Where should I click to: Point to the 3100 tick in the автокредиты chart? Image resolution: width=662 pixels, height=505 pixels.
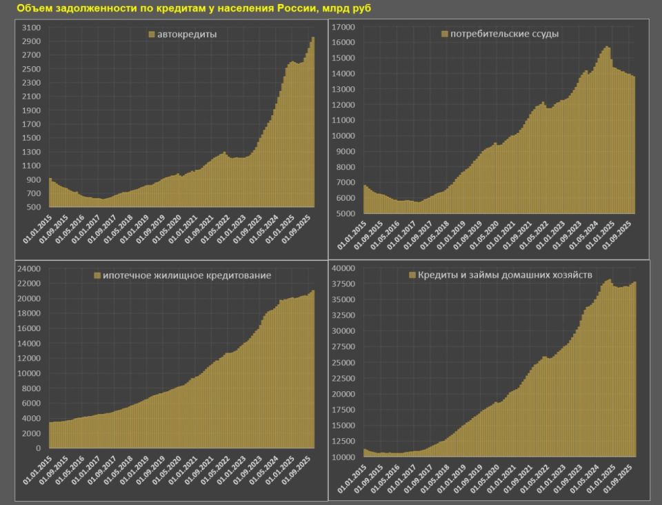pos(31,28)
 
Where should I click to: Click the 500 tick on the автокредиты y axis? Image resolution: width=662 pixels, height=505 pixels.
pos(34,207)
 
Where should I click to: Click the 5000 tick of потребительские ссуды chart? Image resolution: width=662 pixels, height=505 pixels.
pos(344,213)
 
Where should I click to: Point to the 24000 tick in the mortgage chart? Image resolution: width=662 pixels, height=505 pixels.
pos(30,268)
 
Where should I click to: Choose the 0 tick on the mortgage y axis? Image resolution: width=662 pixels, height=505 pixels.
pos(41,448)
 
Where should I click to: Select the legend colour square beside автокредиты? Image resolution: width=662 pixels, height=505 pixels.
pos(151,34)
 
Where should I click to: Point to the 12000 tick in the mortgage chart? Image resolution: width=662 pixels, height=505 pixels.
pos(30,358)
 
